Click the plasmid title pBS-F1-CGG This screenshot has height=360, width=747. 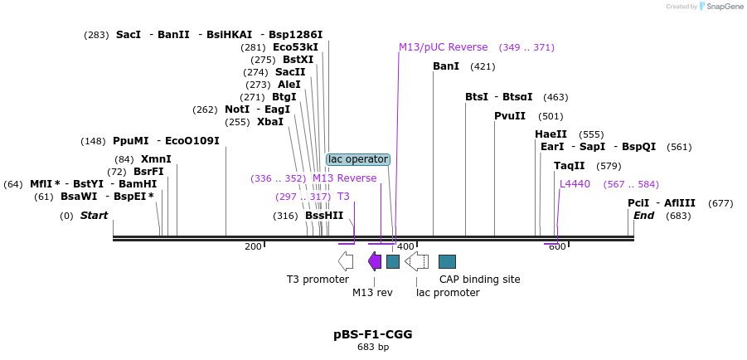pyautogui.click(x=372, y=334)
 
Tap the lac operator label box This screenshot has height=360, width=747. pyautogui.click(x=357, y=159)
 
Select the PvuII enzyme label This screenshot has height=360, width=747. pyautogui.click(x=510, y=116)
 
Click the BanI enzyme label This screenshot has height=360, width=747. pyautogui.click(x=446, y=66)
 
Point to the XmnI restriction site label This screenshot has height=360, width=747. pyautogui.click(x=156, y=159)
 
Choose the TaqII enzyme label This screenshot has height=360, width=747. pyautogui.click(x=570, y=166)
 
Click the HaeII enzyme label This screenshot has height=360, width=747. pyautogui.click(x=551, y=134)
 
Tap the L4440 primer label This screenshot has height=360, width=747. pyautogui.click(x=575, y=184)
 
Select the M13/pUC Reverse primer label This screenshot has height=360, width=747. pyautogui.click(x=443, y=47)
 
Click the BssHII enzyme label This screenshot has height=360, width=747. pyautogui.click(x=324, y=216)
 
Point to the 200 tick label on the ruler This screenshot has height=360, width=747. pyautogui.click(x=253, y=246)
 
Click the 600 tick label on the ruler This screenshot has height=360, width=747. pyautogui.click(x=557, y=246)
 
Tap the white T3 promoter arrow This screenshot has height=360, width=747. pyautogui.click(x=347, y=261)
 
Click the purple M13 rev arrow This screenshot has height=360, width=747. pyautogui.click(x=375, y=261)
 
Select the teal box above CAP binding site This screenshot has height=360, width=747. pyautogui.click(x=447, y=261)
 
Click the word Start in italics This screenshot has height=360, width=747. pyautogui.click(x=94, y=216)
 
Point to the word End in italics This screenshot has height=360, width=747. pyautogui.click(x=644, y=216)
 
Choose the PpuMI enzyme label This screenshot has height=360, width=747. pyautogui.click(x=131, y=141)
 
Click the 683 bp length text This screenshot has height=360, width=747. pyautogui.click(x=372, y=348)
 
